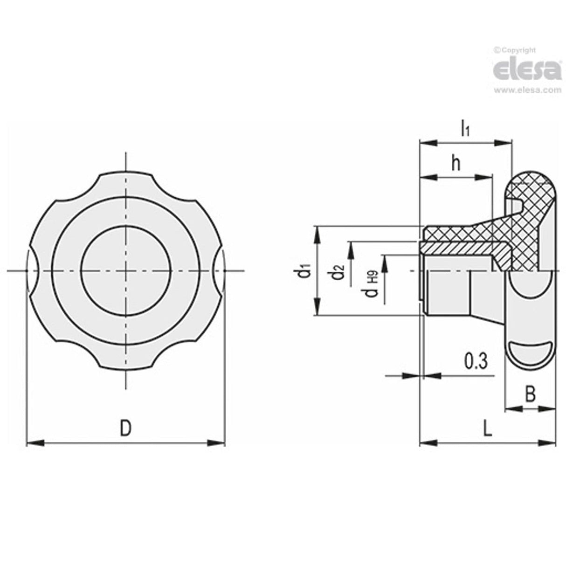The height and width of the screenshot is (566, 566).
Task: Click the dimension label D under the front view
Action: tap(125, 427)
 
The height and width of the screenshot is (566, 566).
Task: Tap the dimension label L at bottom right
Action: tap(487, 428)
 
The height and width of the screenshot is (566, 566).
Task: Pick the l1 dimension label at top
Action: tap(465, 128)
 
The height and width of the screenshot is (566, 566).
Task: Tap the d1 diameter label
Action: tap(305, 271)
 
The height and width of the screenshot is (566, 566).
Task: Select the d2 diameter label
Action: tap(339, 272)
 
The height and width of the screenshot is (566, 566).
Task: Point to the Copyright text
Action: tap(515, 50)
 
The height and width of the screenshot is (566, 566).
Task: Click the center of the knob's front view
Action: tap(125, 271)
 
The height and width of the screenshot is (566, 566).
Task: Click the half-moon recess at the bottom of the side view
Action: tap(530, 350)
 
